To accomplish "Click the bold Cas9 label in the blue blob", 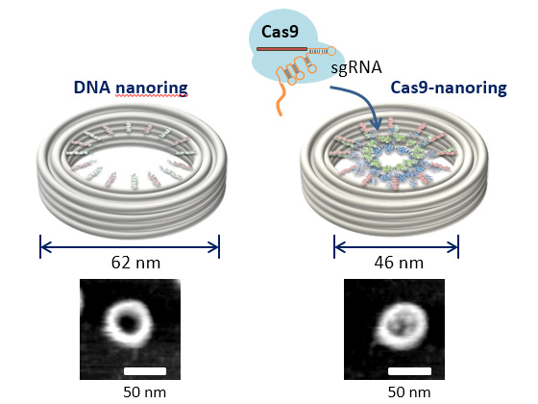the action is pos(280,32).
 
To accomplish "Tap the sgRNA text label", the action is pos(356,67).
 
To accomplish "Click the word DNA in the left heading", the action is pos(92,88).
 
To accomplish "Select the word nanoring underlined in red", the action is pos(152,88).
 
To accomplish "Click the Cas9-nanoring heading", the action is pos(449,88).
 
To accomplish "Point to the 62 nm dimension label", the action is pos(135,263).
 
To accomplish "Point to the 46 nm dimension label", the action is pos(399,263).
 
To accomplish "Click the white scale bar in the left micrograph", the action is pos(145,371).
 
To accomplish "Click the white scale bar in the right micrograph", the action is pos(409,371).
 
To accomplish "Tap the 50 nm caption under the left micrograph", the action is pos(144,392).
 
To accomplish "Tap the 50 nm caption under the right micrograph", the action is pos(409,392).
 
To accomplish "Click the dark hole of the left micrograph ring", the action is pos(127,322).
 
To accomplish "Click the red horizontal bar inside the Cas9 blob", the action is pos(281,49).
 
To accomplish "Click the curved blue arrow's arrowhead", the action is pos(377,125).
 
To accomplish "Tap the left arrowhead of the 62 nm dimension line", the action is pos(45,246).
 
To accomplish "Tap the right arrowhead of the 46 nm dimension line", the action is pos(452,246).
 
